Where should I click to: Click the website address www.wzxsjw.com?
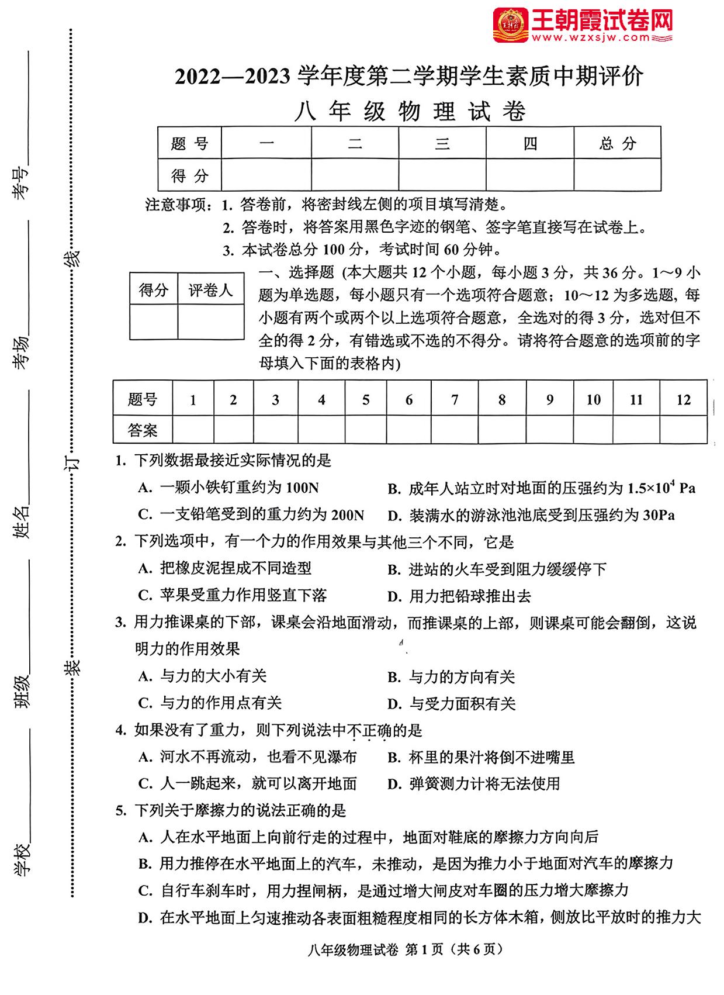click(x=591, y=38)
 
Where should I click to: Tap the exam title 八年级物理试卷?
click(x=410, y=111)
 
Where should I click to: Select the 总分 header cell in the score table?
click(x=617, y=143)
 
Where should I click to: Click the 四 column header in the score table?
click(x=529, y=143)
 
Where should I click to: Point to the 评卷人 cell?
click(x=210, y=290)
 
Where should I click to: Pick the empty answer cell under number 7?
click(x=454, y=430)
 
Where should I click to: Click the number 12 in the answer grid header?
click(x=683, y=400)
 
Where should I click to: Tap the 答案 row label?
click(x=143, y=430)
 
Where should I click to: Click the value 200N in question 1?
click(x=348, y=515)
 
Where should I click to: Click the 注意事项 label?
click(x=178, y=205)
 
